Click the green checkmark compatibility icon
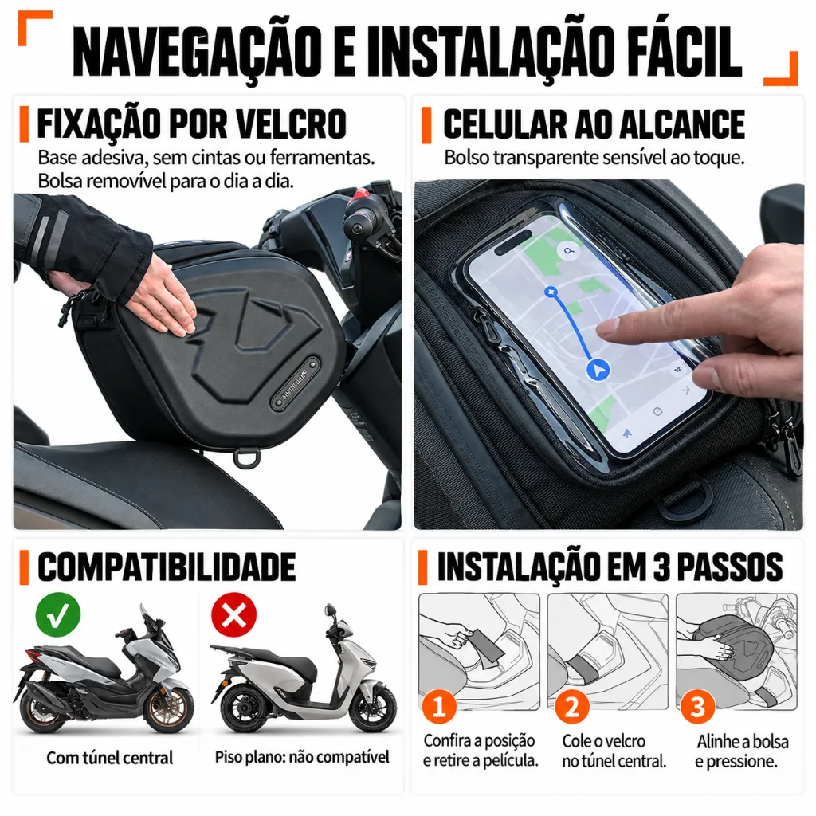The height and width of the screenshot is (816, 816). pyautogui.click(x=57, y=614)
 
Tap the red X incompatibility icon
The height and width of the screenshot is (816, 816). pyautogui.click(x=233, y=614)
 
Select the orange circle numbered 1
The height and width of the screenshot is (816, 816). pyautogui.click(x=439, y=707)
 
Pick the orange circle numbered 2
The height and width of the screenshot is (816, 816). pyautogui.click(x=571, y=707)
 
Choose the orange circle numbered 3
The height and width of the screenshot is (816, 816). pyautogui.click(x=696, y=707)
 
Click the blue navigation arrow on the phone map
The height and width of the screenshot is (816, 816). pyautogui.click(x=598, y=370)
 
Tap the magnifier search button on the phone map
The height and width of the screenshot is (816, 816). pyautogui.click(x=569, y=251)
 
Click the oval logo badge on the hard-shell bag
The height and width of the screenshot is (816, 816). pyautogui.click(x=295, y=384)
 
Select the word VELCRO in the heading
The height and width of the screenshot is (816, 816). pyautogui.click(x=292, y=124)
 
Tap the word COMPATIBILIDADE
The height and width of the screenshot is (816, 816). pyautogui.click(x=167, y=567)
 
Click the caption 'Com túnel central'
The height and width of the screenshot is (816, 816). pyautogui.click(x=110, y=758)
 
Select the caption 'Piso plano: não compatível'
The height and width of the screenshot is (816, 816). pyautogui.click(x=302, y=757)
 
